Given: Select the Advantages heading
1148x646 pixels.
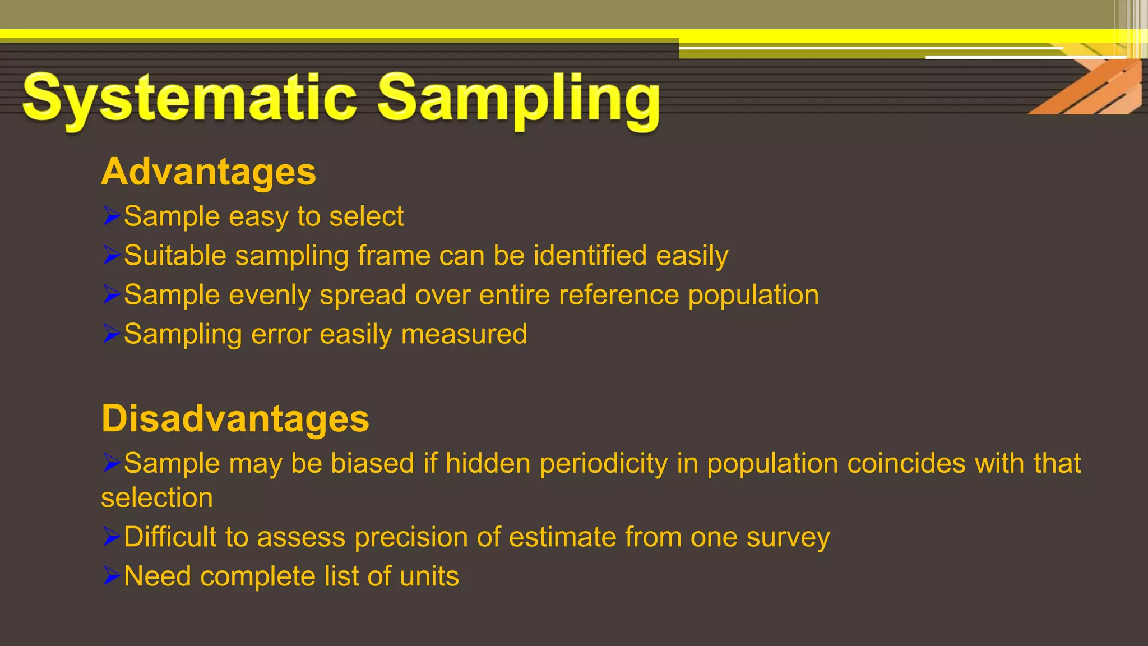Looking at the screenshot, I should [209, 172].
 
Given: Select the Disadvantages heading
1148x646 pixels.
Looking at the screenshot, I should [235, 418].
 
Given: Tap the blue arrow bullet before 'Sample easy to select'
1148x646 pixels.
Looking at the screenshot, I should [112, 215].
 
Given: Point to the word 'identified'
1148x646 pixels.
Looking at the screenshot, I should [590, 256].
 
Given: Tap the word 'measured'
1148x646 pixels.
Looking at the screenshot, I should [464, 334].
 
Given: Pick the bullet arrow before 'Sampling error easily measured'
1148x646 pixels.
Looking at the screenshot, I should [112, 333].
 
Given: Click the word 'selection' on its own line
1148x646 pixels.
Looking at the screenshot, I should [157, 498].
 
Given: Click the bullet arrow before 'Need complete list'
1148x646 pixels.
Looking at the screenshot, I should [112, 575].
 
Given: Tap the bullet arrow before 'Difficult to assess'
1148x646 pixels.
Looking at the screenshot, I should [112, 536].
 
